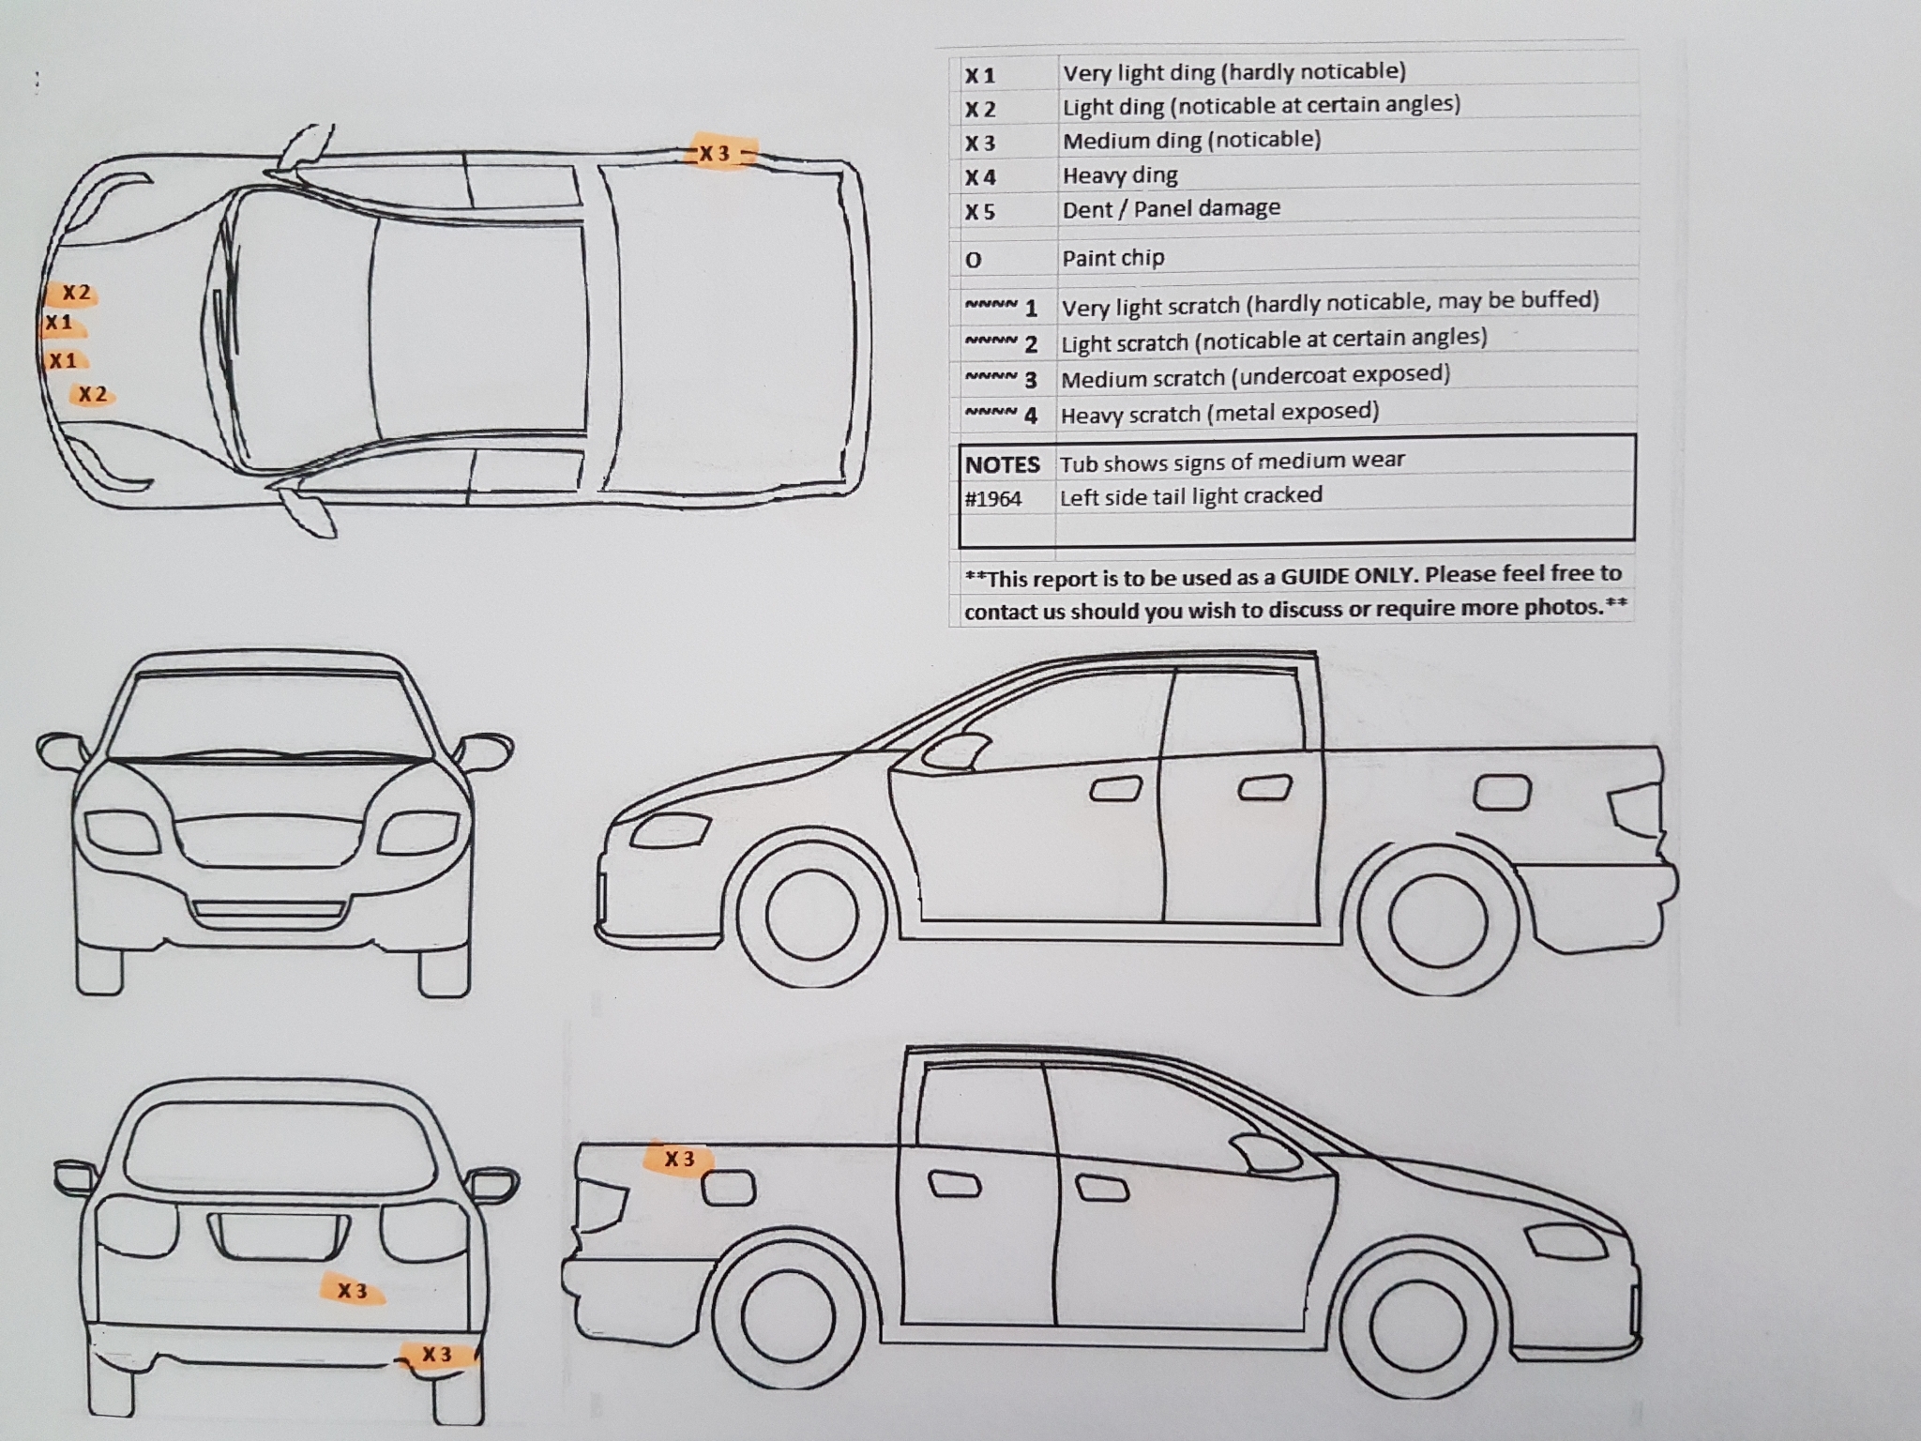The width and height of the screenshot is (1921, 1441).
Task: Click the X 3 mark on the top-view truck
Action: tap(715, 153)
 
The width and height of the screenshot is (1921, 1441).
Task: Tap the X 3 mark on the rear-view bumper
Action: tap(437, 1354)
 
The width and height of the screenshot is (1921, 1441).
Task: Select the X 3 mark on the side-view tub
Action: tap(679, 1160)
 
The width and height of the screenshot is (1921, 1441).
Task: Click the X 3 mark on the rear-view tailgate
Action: tap(353, 1291)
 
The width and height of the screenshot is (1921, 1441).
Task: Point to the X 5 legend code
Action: tap(980, 212)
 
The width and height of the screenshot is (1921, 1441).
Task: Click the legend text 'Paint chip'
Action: tap(1113, 258)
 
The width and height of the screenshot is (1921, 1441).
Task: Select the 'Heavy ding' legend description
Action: tap(1120, 175)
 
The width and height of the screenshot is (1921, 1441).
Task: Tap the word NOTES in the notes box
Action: tap(1003, 464)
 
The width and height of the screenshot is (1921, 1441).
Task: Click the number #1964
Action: tap(993, 498)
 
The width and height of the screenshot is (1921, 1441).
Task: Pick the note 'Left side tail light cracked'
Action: tap(1191, 495)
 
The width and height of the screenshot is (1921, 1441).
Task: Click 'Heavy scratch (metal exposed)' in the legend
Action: tap(1219, 413)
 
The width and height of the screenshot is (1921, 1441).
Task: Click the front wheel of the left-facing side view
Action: tap(811, 916)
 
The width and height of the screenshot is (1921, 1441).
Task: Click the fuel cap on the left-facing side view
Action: tap(1502, 793)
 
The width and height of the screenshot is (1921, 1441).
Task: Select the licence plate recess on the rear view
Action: tap(279, 1236)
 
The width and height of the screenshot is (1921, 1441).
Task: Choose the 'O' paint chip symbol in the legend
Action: tap(974, 260)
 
